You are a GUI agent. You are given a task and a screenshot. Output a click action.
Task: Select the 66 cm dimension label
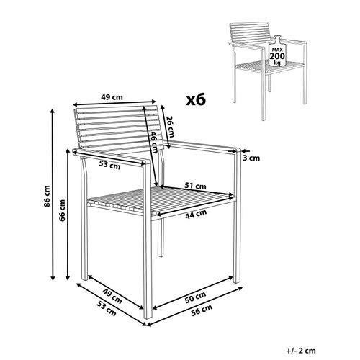tap(62, 209)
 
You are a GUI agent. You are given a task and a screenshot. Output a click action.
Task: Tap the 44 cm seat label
tap(191, 213)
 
